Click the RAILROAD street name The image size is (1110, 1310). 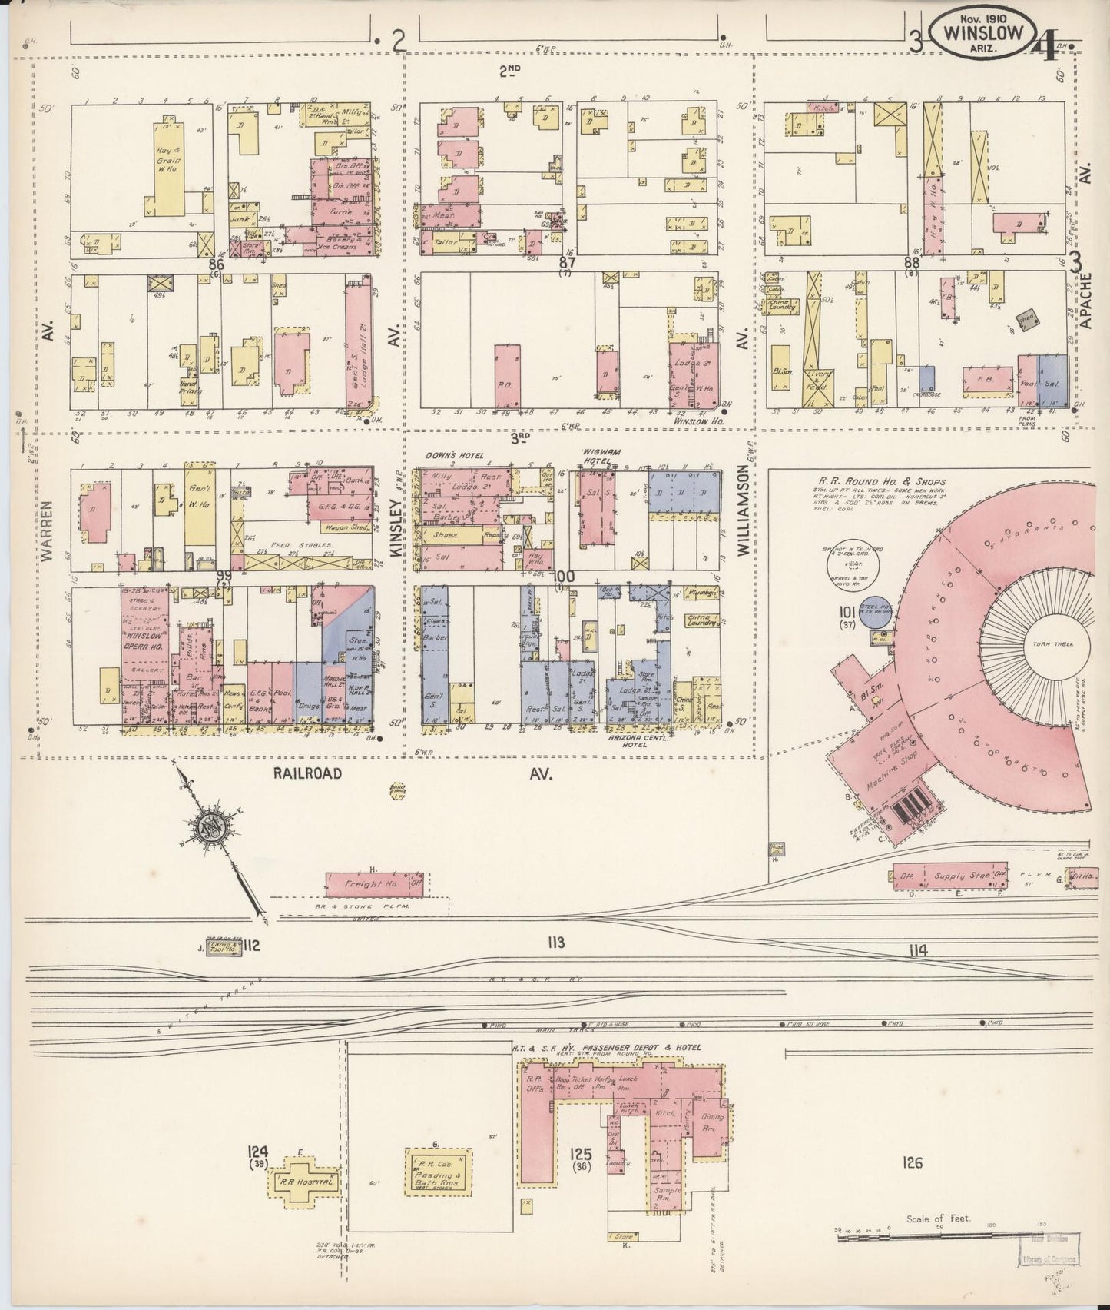pos(306,775)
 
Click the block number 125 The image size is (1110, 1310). pos(582,1154)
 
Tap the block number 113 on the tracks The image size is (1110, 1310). pos(556,943)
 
